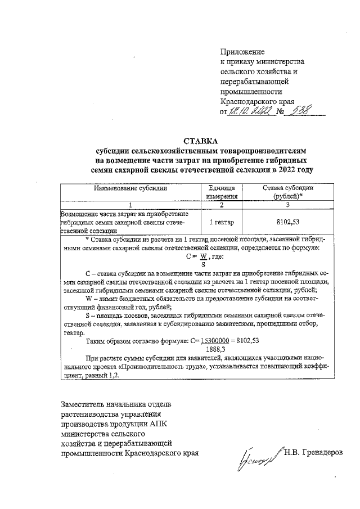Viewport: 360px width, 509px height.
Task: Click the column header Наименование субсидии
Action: (x=131, y=189)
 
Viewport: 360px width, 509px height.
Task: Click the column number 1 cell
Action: (x=131, y=205)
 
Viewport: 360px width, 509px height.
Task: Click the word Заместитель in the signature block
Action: (x=84, y=404)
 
